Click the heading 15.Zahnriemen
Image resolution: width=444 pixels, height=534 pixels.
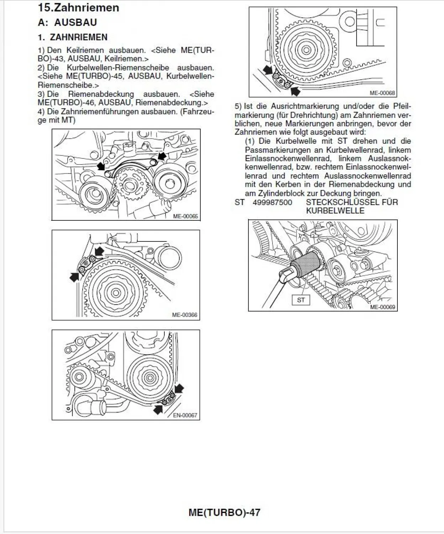79,7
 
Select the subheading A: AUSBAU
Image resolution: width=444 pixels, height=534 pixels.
67,22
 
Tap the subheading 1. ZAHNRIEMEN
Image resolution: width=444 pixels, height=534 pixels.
73,37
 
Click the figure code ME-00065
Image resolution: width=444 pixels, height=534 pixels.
185,216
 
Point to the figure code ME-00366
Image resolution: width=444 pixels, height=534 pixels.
184,315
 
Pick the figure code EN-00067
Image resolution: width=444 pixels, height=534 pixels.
185,415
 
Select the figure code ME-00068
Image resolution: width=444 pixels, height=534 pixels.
382,93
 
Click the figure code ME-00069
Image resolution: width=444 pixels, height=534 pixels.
382,307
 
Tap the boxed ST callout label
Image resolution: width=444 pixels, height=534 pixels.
301,300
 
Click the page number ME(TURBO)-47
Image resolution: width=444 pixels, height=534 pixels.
224,513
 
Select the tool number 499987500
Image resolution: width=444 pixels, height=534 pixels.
272,202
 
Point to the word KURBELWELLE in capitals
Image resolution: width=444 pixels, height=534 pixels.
335,211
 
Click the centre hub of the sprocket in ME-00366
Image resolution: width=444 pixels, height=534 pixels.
115,293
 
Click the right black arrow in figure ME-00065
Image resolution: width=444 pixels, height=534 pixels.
162,156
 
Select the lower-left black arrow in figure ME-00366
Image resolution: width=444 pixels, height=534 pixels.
74,277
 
